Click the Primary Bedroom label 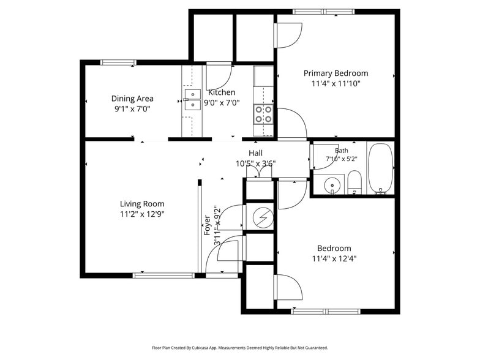336,73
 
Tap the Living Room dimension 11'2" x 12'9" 142,214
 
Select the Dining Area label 132,99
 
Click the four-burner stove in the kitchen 263,114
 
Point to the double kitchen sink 192,99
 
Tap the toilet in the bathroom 355,182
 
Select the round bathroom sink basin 332,185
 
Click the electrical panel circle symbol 263,217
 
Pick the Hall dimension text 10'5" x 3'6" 256,164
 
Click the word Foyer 207,225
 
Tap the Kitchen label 222,92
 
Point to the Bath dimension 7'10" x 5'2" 342,159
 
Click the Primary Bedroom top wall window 323,12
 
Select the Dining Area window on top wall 119,62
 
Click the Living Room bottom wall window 164,276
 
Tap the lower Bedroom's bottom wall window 326,312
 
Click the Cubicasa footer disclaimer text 240,348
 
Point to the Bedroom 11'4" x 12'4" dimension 334,259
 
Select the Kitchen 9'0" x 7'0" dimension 222,103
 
